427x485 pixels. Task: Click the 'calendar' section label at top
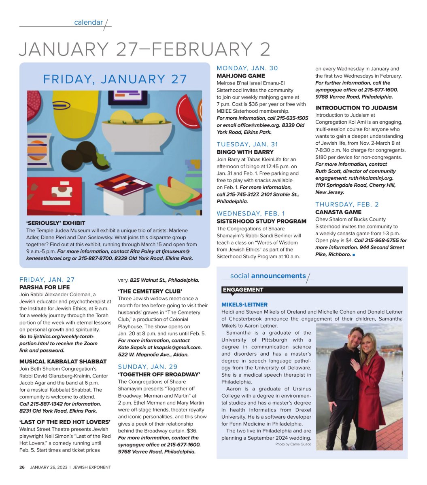tap(88, 23)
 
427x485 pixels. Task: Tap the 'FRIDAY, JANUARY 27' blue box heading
tap(115, 79)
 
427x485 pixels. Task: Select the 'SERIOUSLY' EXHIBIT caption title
tap(56, 223)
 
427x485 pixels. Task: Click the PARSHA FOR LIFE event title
tap(45, 287)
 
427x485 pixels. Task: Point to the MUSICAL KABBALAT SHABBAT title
tap(63, 361)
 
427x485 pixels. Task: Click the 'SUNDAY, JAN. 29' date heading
tap(148, 367)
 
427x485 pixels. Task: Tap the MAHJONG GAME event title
tap(241, 76)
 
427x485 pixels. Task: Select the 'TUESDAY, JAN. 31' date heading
tap(247, 144)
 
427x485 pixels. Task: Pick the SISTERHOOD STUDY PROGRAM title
tap(261, 221)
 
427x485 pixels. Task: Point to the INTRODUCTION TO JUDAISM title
tap(356, 108)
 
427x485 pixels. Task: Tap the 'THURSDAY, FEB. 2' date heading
tap(347, 204)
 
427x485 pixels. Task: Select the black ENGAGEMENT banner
tap(312, 290)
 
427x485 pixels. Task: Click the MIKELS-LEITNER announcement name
tap(244, 304)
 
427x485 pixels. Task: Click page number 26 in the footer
tap(22, 467)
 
